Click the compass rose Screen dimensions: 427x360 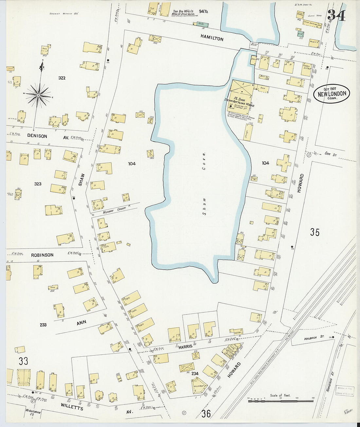tap(39, 95)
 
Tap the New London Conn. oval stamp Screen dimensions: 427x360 tap(332, 93)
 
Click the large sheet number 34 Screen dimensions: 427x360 tap(336, 15)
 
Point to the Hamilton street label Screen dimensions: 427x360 tap(212, 38)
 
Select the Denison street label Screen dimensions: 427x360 tap(37, 136)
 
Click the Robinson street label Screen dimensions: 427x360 tap(42, 255)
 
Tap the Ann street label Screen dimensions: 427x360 tap(81, 323)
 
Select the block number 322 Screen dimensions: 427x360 tap(62, 78)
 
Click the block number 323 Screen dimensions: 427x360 tap(38, 184)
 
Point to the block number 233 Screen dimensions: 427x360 tap(43, 325)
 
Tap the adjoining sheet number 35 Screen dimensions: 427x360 tap(315, 232)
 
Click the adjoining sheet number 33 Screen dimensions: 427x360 tap(23, 361)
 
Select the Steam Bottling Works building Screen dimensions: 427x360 tap(242, 91)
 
